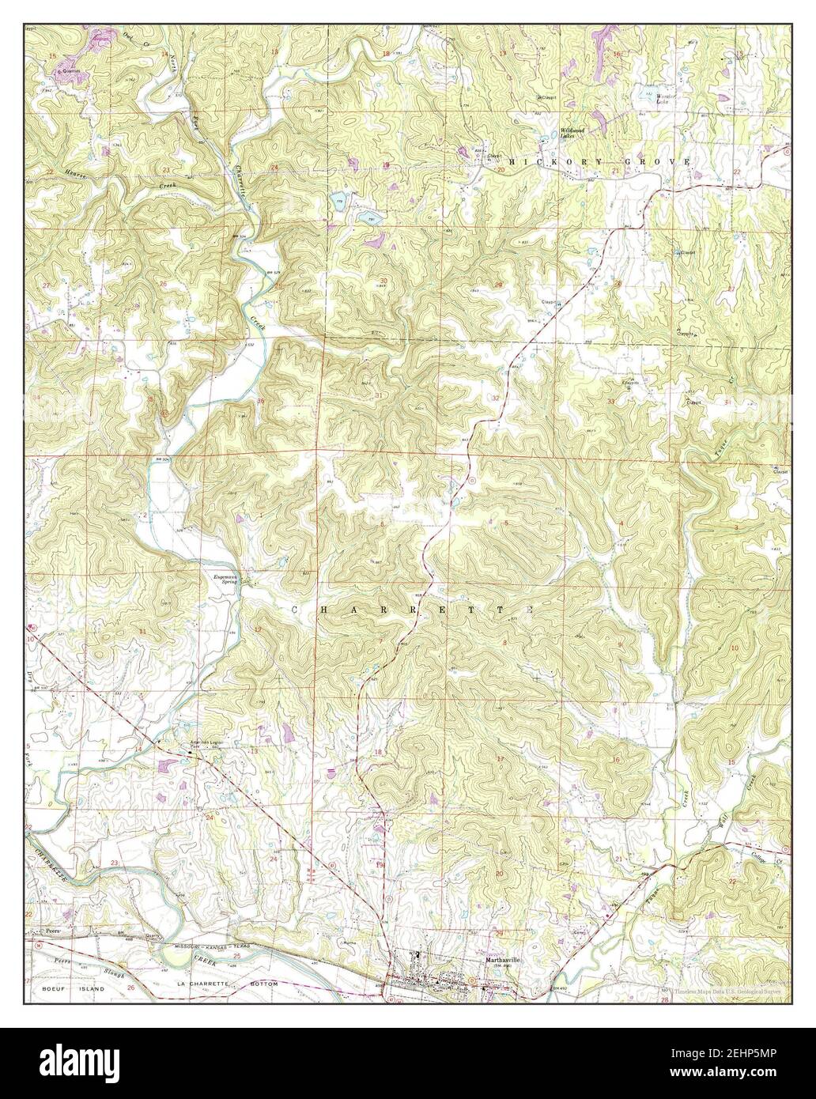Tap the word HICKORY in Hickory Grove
point(541,161)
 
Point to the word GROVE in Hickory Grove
point(659,161)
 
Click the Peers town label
point(53,932)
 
